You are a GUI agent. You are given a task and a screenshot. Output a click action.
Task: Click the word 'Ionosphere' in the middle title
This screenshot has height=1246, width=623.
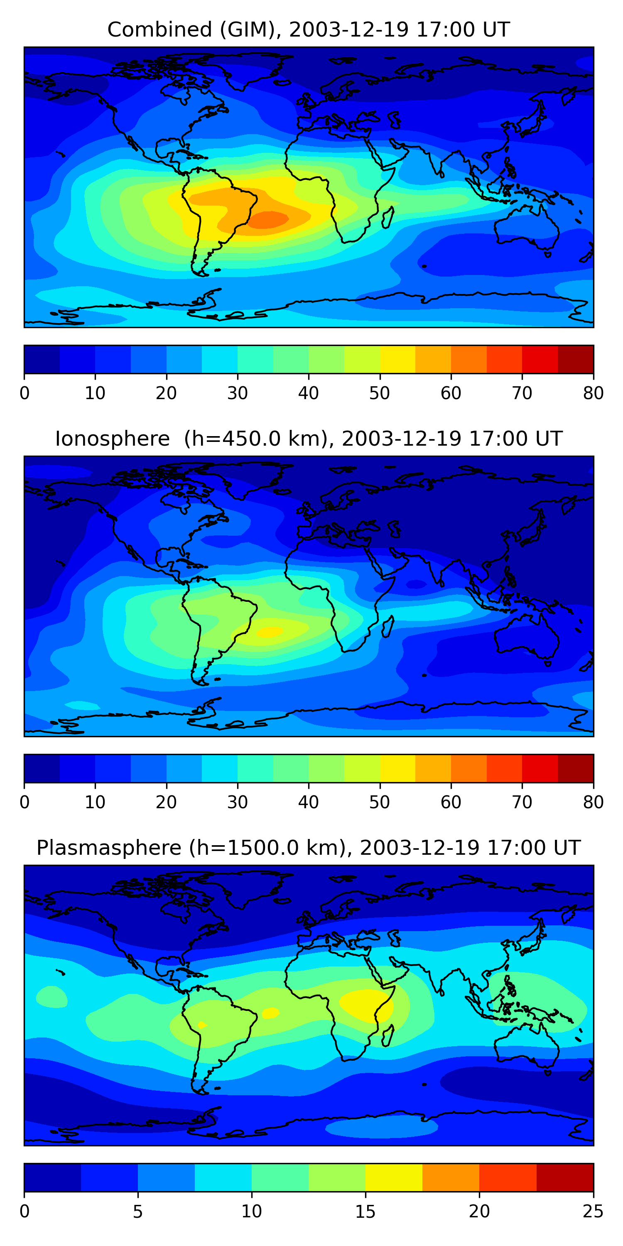(x=112, y=439)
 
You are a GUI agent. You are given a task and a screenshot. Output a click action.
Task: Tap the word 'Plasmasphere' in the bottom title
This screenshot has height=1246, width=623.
(x=109, y=848)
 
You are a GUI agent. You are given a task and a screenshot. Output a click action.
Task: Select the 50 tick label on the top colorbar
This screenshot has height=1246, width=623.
(x=380, y=393)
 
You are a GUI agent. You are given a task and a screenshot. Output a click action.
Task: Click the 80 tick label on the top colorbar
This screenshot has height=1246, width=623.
(x=593, y=393)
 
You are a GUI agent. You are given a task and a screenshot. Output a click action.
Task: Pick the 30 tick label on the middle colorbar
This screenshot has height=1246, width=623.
(x=238, y=802)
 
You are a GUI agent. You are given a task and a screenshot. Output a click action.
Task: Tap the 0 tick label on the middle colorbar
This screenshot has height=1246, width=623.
(x=25, y=802)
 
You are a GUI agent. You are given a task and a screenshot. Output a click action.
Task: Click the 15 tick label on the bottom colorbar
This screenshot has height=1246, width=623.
(x=365, y=1212)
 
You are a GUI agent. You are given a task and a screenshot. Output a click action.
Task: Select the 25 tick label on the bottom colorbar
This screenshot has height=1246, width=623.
(x=593, y=1212)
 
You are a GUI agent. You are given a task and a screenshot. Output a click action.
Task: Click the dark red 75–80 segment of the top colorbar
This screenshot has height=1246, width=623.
(x=576, y=359)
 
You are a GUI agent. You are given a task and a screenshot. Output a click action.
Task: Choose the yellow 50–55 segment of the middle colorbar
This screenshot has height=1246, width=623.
(x=397, y=768)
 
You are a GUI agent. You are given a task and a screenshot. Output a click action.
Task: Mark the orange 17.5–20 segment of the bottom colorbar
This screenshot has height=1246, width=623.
(x=451, y=1177)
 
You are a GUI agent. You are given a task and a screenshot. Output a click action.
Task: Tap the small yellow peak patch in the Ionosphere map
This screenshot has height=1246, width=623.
(x=270, y=632)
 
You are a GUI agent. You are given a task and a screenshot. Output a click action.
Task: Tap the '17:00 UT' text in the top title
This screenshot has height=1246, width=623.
(x=463, y=30)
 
